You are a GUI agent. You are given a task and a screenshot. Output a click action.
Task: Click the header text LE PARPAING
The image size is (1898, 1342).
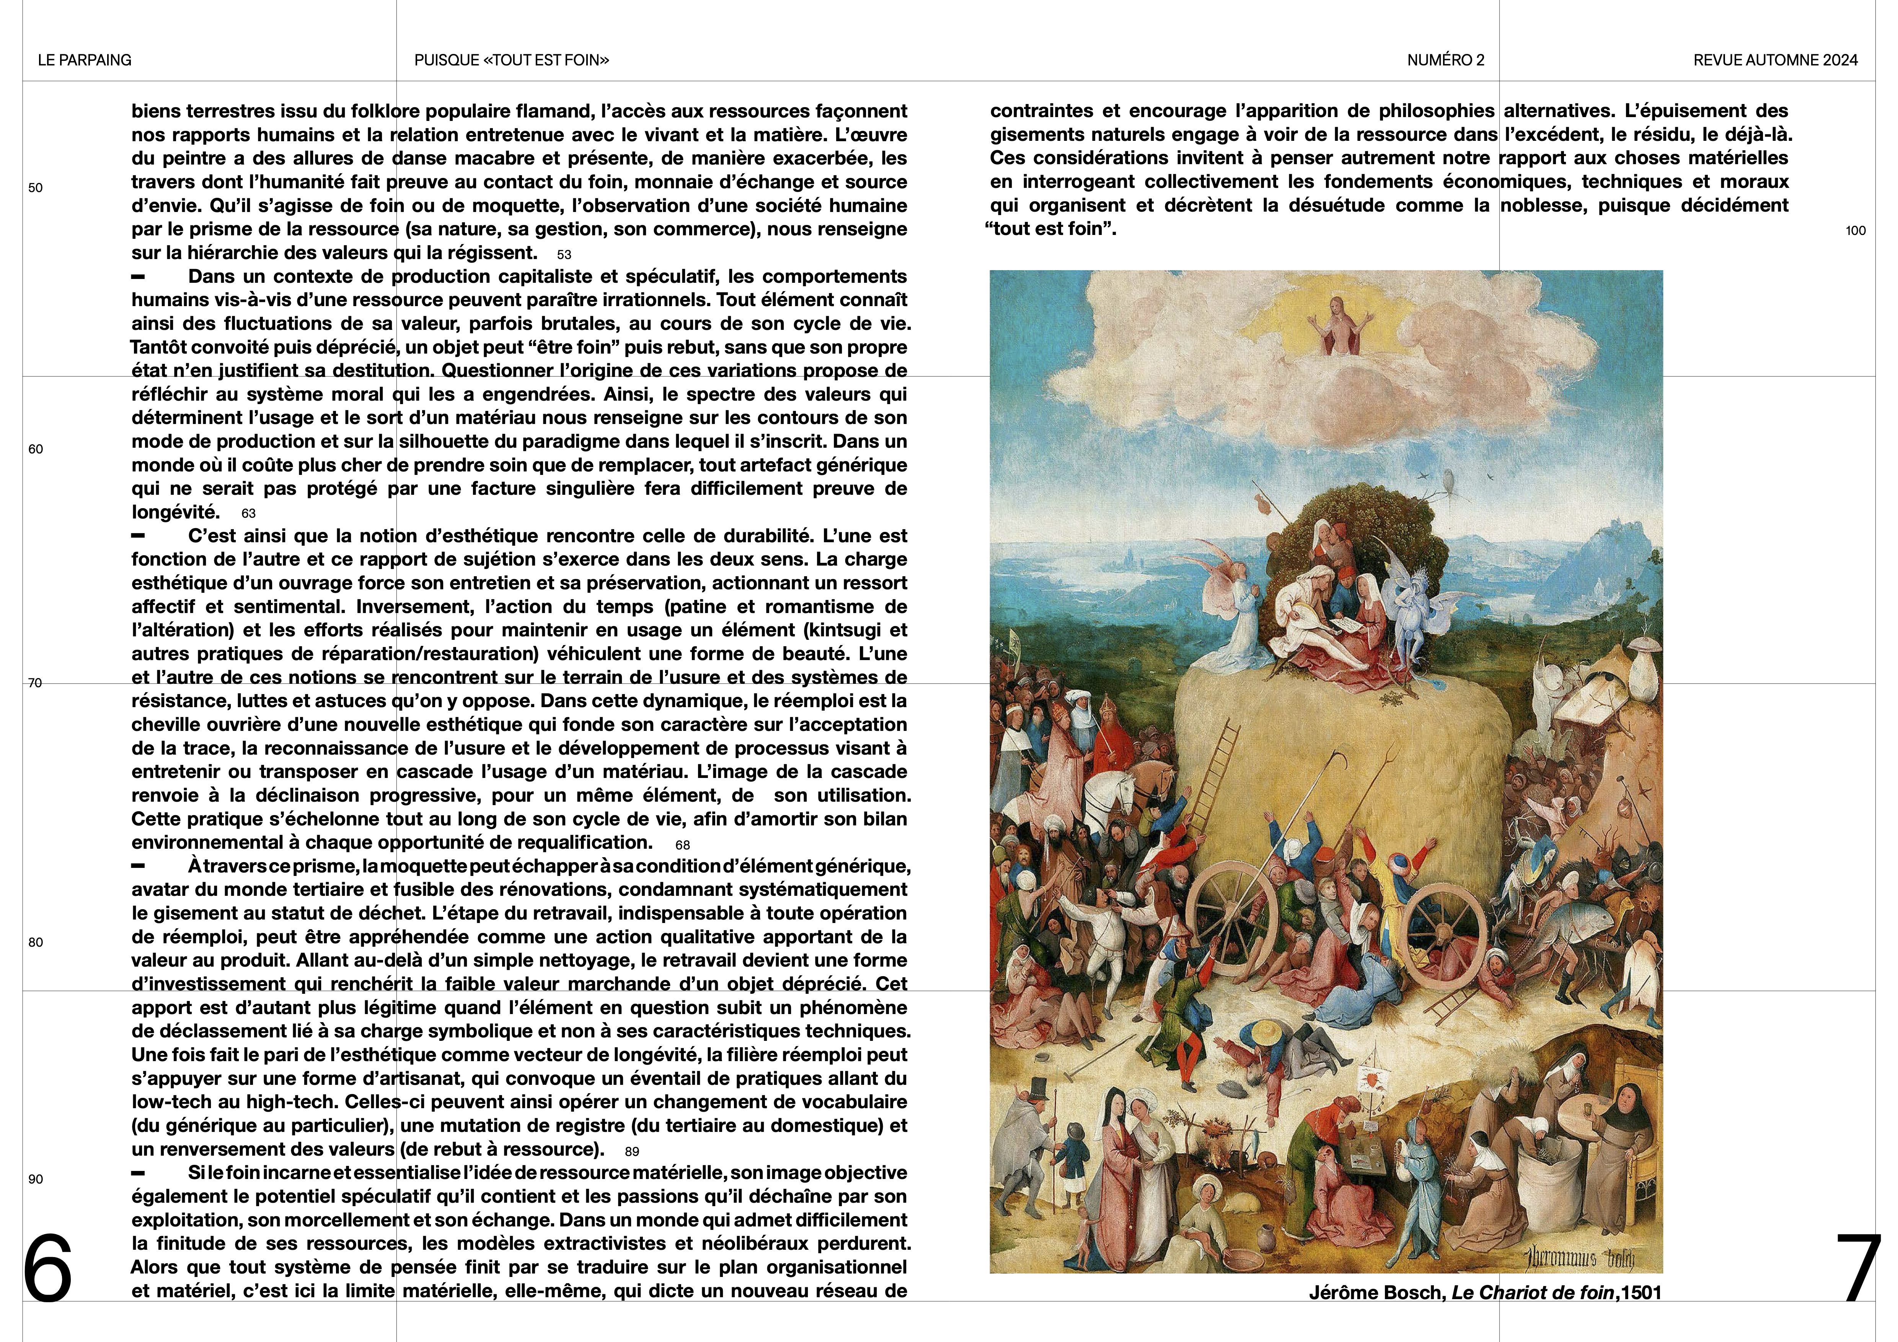pyautogui.click(x=84, y=60)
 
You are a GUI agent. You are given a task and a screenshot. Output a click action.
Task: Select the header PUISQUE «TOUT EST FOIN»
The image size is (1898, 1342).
pyautogui.click(x=512, y=60)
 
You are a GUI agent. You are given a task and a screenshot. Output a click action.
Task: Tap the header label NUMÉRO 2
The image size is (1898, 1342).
pyautogui.click(x=1446, y=60)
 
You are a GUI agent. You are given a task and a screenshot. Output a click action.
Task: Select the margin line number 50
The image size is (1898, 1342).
pyautogui.click(x=36, y=188)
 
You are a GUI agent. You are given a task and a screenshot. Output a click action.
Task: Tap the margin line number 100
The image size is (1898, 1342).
pyautogui.click(x=1855, y=231)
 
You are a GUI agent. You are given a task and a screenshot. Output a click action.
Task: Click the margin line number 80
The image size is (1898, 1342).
pyautogui.click(x=36, y=942)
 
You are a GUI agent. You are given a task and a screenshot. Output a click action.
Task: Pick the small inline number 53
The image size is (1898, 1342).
pyautogui.click(x=564, y=255)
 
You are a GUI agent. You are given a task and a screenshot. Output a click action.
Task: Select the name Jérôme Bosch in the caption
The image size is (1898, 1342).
pyautogui.click(x=1376, y=1292)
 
